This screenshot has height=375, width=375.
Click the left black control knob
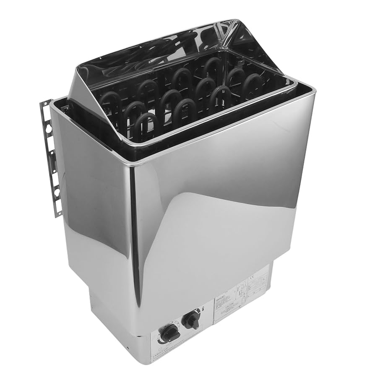coord(170,333)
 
